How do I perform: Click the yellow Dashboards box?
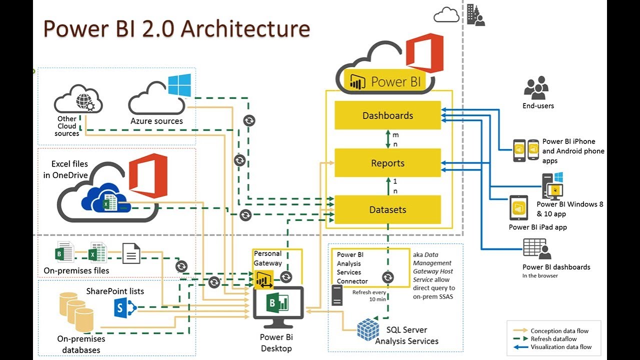pos(387,115)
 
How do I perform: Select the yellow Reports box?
pos(387,163)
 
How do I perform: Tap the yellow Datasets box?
pos(387,209)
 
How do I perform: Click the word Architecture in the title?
pos(245,28)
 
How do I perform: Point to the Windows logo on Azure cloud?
pos(179,85)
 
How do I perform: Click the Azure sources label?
pos(156,121)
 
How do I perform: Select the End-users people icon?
pos(537,88)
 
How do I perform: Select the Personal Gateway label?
pos(267,258)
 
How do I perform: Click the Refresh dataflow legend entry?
pos(553,339)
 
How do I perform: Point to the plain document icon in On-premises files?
pos(131,253)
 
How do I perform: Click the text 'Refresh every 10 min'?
pos(369,295)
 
